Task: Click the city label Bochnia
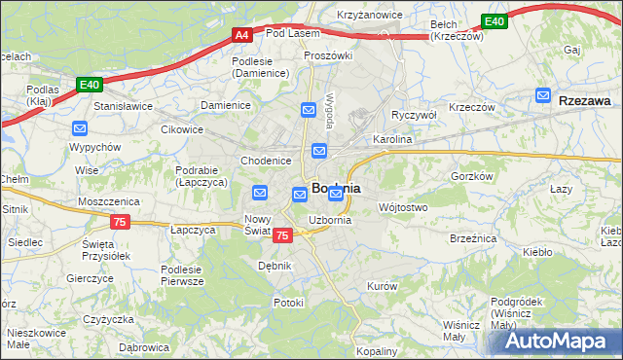point(337,188)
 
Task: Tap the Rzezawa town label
point(585,100)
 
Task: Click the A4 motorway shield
point(243,35)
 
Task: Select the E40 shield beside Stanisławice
point(90,85)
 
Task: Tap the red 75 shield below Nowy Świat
point(282,235)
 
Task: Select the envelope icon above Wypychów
point(80,128)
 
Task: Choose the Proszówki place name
point(327,55)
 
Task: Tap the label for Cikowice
point(182,127)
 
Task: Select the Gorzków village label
point(473,176)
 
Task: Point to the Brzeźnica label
point(473,237)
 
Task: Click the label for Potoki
point(288,303)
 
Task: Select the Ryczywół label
point(413,115)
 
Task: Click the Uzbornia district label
point(330,221)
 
